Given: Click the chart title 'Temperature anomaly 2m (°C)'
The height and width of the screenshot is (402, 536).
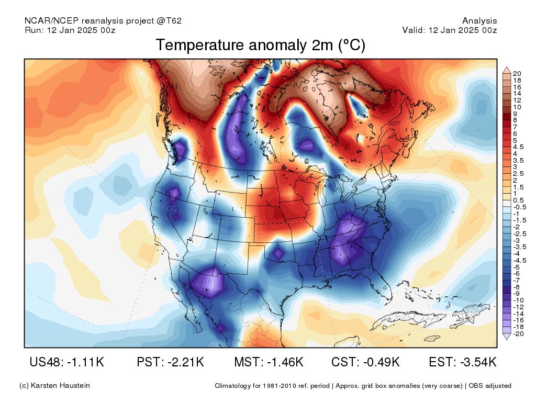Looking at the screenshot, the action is click(261, 45).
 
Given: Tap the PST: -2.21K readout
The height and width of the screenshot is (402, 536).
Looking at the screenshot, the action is click(170, 362).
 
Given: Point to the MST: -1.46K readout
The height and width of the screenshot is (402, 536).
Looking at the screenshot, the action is click(269, 362).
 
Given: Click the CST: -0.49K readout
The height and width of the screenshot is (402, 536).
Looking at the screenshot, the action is click(365, 362).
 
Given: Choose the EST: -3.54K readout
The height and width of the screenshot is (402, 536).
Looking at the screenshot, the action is click(463, 362).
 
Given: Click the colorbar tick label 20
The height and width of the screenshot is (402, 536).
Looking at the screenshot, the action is click(517, 73).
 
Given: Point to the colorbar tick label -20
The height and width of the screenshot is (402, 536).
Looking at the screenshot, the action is click(518, 333).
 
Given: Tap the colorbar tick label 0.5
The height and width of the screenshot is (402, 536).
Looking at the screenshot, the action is click(518, 200).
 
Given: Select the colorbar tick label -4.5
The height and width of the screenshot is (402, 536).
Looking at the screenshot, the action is click(520, 261).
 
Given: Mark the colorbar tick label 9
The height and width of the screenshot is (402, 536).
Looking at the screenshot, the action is click(515, 114).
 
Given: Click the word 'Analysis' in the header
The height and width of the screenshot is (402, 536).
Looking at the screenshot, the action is click(479, 21).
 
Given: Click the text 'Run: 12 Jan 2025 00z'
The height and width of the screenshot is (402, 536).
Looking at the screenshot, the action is click(70, 30).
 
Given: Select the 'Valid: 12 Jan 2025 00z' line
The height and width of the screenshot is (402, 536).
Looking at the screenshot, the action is click(450, 30).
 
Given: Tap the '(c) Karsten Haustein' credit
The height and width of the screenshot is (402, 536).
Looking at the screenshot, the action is click(54, 386).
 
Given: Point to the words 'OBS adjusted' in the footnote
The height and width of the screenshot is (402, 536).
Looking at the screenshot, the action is click(490, 386).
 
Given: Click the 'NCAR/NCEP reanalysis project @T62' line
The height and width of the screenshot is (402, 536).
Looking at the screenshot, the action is click(103, 21).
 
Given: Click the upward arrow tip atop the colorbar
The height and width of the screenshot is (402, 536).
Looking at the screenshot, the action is click(507, 68).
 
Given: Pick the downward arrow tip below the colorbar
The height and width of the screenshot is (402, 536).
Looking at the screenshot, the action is click(507, 339).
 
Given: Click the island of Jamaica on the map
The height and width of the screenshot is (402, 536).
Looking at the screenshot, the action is click(432, 339).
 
